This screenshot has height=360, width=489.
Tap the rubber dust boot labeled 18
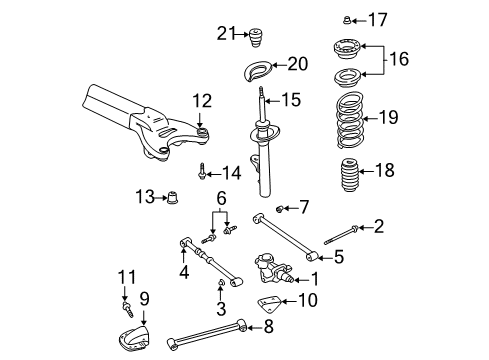(x=350, y=172)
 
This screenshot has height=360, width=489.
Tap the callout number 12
(x=203, y=100)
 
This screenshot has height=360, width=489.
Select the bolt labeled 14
(x=203, y=171)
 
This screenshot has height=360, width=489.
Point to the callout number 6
(x=220, y=200)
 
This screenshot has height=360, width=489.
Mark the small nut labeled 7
(x=281, y=208)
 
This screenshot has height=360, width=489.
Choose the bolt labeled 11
(x=125, y=297)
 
